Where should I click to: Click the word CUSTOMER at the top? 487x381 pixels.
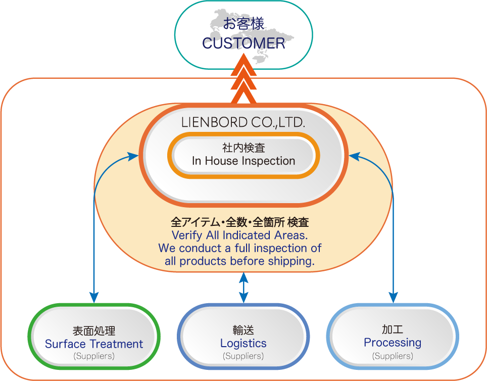pos(243,43)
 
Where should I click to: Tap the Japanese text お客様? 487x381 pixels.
pos(243,24)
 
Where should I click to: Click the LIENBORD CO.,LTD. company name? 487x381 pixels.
pos(243,122)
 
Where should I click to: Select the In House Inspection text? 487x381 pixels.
pos(243,161)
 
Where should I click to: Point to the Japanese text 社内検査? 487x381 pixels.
pos(243,148)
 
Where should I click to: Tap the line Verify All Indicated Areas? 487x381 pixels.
pos(240,235)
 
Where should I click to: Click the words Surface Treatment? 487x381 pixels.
pos(94,344)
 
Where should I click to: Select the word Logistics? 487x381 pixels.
pos(243,343)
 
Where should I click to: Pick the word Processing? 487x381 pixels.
pos(393,343)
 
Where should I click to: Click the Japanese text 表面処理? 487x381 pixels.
pos(94,331)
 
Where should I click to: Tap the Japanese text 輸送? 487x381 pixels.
pos(243,330)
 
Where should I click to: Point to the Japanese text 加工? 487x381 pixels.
pos(393,329)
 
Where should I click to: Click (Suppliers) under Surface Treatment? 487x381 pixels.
pos(94,356)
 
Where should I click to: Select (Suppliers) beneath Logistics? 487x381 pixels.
pos(243,356)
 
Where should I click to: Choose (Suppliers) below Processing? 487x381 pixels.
pos(393,356)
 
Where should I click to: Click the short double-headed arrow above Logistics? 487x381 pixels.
pos(243,288)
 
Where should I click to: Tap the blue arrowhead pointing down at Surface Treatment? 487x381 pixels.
pos(94,297)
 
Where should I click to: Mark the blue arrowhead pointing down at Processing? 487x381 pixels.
pos(393,297)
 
